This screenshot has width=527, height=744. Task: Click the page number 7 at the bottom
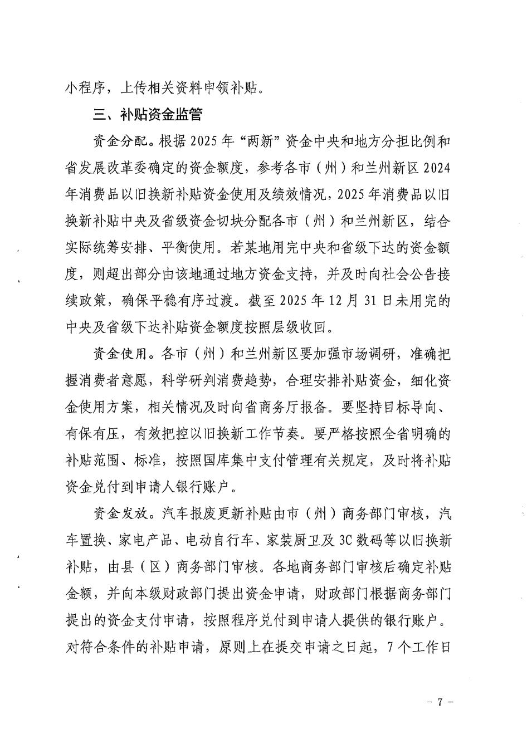tap(440, 702)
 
